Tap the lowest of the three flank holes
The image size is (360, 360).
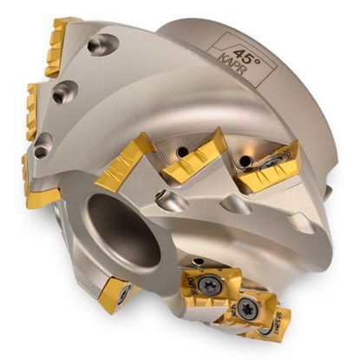(x=41, y=150)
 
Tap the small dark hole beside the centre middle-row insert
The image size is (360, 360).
(x=183, y=153)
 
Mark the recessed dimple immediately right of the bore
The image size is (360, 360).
(x=171, y=202)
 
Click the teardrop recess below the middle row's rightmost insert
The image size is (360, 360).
(x=237, y=205)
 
